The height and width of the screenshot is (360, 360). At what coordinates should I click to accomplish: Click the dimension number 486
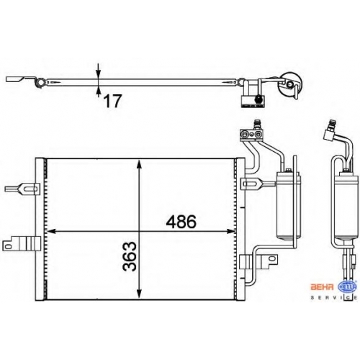(181, 222)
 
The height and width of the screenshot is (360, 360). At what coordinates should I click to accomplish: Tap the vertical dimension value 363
(130, 256)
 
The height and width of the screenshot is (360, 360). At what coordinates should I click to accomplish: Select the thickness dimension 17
(112, 101)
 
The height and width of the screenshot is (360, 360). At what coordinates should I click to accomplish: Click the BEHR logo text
(323, 287)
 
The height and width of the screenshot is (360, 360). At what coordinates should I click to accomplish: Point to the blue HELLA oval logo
(347, 287)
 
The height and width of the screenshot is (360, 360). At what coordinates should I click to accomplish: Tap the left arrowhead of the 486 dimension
(52, 231)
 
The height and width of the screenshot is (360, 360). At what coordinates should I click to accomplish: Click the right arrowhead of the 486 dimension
(230, 231)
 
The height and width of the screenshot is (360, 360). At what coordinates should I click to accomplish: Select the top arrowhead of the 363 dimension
(139, 165)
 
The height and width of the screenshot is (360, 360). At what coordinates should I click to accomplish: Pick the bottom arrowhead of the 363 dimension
(139, 294)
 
